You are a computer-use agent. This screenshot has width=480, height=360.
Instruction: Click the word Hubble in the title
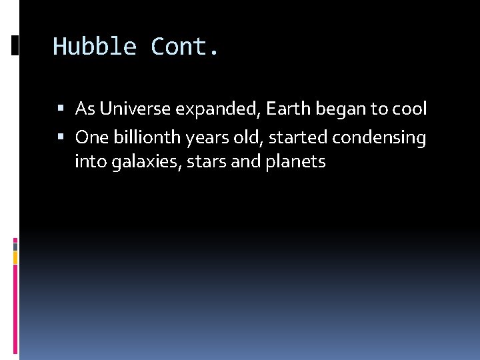point(95,47)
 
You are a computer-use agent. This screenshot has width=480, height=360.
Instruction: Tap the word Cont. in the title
point(185,47)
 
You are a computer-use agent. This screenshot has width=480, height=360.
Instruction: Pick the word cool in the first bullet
point(409,108)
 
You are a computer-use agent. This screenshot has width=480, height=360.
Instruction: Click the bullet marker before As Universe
point(61,108)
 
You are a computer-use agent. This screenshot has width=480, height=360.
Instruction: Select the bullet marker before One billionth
point(61,137)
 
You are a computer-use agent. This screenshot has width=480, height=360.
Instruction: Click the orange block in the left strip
point(15,256)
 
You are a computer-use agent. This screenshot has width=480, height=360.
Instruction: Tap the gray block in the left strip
point(15,245)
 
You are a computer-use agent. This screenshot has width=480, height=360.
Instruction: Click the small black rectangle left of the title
point(15,45)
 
